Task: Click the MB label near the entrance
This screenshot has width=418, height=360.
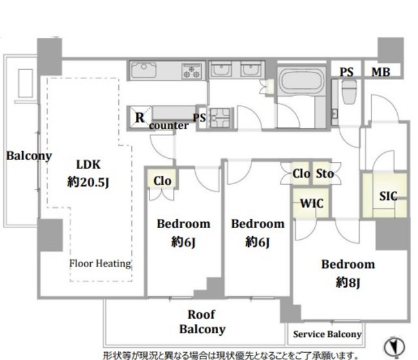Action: [381, 72]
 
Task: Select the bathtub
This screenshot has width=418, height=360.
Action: [301, 81]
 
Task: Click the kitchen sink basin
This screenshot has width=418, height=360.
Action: [144, 70]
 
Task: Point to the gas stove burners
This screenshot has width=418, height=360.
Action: [191, 71]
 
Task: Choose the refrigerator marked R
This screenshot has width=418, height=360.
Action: [139, 117]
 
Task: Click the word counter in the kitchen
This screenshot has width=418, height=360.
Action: [169, 125]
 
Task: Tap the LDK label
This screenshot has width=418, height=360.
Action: [88, 165]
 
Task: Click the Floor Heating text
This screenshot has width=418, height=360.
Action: [100, 263]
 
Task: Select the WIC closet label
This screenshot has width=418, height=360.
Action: [312, 203]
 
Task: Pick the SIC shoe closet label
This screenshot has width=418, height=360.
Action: [388, 196]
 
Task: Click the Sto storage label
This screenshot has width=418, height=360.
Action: [325, 174]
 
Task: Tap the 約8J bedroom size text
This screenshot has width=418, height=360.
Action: [348, 282]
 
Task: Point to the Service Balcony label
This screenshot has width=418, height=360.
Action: [327, 334]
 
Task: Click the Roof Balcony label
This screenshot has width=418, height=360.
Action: [202, 321]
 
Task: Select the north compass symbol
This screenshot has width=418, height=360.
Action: [394, 347]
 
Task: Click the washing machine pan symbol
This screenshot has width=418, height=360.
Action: [220, 118]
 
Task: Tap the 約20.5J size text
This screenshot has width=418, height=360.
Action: [88, 182]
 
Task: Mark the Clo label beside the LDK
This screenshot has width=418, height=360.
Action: [162, 181]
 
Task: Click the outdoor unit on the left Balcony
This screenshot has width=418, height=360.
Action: [25, 83]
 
